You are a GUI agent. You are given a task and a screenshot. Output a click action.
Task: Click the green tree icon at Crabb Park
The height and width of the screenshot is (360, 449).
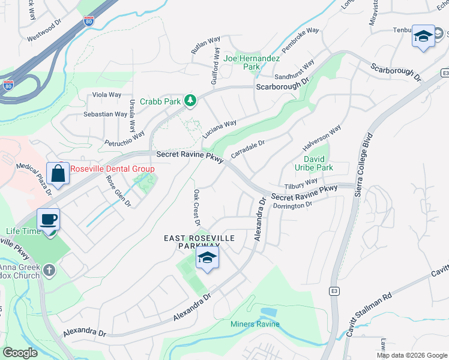pyautogui.click(x=190, y=100)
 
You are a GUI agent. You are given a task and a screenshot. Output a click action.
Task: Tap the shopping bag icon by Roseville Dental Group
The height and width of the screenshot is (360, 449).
pyautogui.click(x=58, y=173)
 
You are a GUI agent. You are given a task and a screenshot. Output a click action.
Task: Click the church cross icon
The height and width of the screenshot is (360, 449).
pyautogui.click(x=49, y=270)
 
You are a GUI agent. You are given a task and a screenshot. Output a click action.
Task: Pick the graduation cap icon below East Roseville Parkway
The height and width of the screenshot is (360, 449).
pyautogui.click(x=206, y=258)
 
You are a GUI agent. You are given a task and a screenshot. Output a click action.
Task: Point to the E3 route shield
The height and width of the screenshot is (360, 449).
pyautogui.click(x=334, y=291)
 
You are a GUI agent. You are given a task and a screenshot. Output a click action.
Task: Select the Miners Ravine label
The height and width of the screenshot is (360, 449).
pyautogui.click(x=255, y=325)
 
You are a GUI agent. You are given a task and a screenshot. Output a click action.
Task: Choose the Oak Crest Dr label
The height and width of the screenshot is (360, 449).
pyautogui.click(x=196, y=208)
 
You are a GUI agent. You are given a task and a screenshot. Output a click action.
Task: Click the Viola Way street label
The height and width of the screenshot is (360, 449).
pyautogui.click(x=106, y=95)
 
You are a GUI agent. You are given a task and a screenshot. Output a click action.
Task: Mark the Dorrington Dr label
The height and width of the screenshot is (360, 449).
pyautogui.click(x=293, y=205)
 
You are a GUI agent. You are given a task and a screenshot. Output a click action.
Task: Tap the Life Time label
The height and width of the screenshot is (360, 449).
pyautogui.click(x=23, y=231)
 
